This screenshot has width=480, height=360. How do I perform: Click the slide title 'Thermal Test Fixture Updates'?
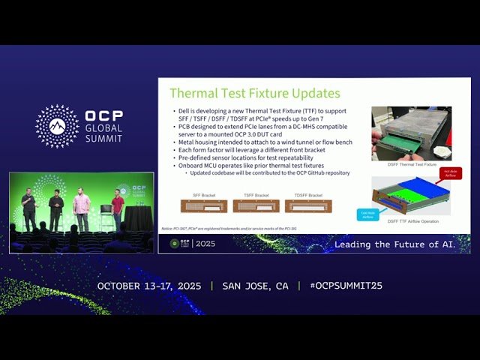click(254, 94)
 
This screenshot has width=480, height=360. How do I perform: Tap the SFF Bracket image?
click(199, 205)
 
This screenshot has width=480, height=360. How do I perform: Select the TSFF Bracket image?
click(256, 205)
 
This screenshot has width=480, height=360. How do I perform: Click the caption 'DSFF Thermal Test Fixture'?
click(410, 164)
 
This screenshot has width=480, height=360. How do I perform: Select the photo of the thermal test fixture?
click(411, 133)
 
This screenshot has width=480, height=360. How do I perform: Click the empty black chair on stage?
click(106, 214)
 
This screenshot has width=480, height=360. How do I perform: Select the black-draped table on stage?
click(137, 218)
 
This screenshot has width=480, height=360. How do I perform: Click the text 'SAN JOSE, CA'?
click(255, 286)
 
